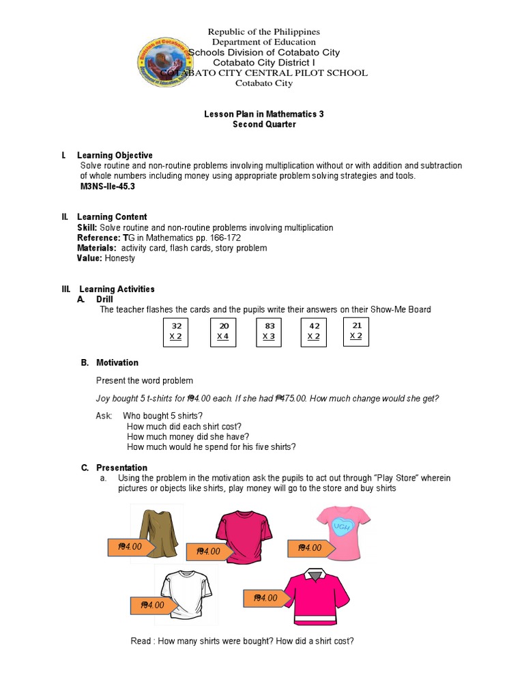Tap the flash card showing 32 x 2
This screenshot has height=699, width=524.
click(176, 332)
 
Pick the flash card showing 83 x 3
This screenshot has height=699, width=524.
click(270, 332)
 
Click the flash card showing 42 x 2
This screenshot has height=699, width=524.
click(314, 332)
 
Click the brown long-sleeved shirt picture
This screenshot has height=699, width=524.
click(158, 531)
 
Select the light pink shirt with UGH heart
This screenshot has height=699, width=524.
click(343, 527)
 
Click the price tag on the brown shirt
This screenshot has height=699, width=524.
click(130, 547)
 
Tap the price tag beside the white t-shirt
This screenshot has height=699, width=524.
click(152, 605)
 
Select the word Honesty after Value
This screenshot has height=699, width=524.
click(120, 259)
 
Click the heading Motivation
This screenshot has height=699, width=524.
click(117, 362)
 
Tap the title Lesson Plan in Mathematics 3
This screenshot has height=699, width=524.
click(264, 114)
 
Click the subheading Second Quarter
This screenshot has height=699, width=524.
click(264, 125)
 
